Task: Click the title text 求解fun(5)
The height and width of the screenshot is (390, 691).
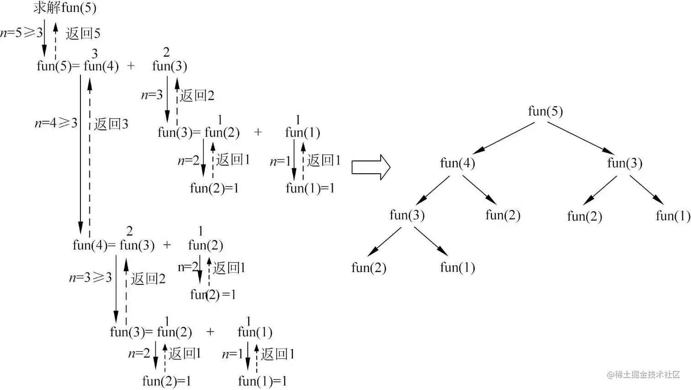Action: [x=65, y=8]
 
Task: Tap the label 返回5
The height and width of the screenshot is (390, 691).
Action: [x=83, y=33]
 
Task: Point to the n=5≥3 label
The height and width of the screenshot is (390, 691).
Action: [x=21, y=32]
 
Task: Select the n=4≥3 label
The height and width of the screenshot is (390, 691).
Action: [x=56, y=123]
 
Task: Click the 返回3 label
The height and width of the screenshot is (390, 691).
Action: [x=111, y=124]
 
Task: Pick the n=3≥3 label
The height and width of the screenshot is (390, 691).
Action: [x=90, y=278]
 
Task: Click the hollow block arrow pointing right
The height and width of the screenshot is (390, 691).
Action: [x=371, y=167]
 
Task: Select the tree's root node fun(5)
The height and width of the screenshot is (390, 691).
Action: [x=545, y=111]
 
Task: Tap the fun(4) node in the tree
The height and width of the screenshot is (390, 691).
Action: [x=457, y=163]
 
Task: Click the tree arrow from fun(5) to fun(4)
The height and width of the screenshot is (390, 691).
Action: [x=503, y=138]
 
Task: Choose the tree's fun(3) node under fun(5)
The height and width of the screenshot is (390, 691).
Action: [x=624, y=163]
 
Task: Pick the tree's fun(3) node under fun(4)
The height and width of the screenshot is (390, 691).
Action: [x=407, y=215]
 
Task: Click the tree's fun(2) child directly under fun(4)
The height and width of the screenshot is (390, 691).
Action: [x=503, y=215]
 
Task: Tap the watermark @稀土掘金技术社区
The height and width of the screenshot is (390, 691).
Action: [x=643, y=374]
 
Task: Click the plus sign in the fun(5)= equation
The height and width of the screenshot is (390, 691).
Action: [x=131, y=66]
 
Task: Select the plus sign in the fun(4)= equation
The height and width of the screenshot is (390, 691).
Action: [x=167, y=245]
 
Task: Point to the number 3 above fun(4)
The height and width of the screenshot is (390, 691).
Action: [x=95, y=54]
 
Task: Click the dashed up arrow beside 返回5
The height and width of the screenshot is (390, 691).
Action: [x=55, y=41]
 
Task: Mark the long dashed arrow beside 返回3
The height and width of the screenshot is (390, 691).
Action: [x=90, y=155]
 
